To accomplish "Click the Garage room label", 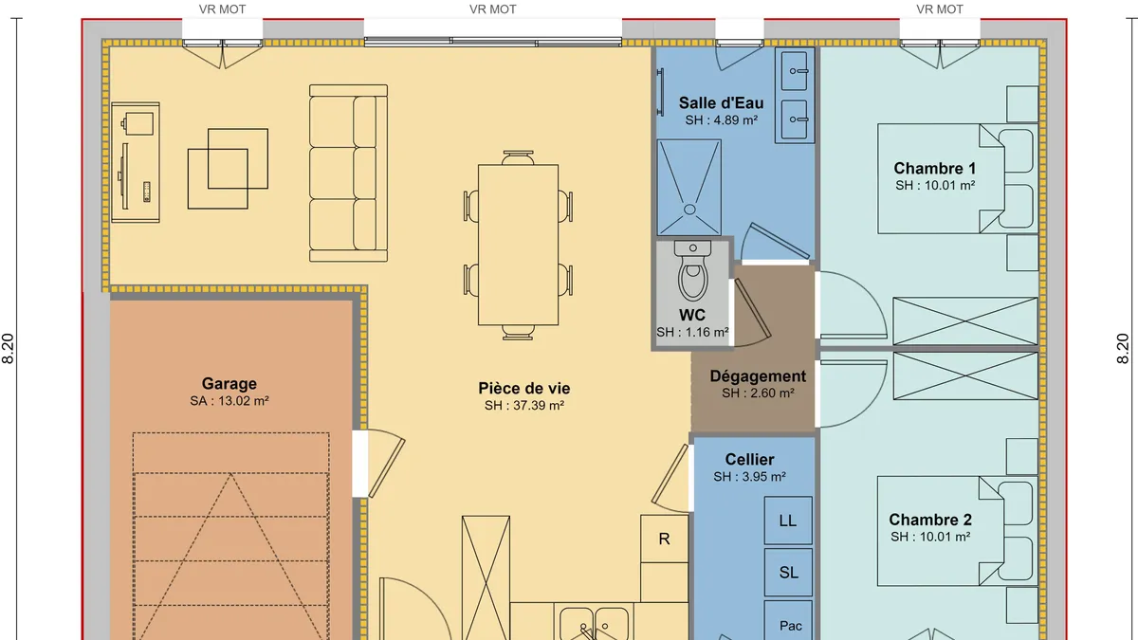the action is click(229, 383).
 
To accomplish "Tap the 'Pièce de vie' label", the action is click(524, 388).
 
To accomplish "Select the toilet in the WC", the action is click(692, 271).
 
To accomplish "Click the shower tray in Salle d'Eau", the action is click(688, 188).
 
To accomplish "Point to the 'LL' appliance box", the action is click(788, 521).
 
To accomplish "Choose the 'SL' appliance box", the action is click(788, 573).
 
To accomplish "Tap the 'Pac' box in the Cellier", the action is click(788, 621).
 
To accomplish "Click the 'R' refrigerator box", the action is click(665, 539).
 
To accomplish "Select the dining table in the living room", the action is click(518, 245).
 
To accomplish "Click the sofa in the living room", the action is click(349, 174).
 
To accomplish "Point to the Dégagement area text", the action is click(758, 376).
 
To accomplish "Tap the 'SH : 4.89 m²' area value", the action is click(722, 120).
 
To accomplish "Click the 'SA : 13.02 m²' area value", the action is click(229, 401).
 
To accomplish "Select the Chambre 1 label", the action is click(935, 168).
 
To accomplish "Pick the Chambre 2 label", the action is click(930, 520).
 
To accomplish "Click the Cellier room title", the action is click(749, 460).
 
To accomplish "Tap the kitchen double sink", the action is click(594, 623).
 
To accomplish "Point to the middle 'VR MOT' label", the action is click(493, 9).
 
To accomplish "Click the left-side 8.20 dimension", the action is click(9, 349).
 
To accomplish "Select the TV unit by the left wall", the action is click(136, 162).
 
